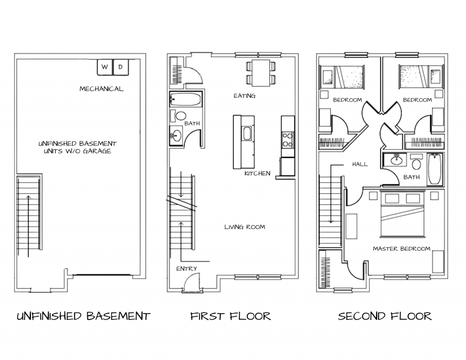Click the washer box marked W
coord(105,67)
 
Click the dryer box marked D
coord(121,67)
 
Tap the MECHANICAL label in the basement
coord(101,89)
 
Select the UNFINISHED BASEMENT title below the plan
coord(83,316)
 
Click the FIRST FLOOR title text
coord(231,316)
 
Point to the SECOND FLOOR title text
coord(385,316)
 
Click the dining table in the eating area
coord(261,73)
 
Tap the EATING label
coord(244,96)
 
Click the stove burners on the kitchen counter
coord(288,139)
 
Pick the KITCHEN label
coord(257,173)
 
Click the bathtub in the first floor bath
coord(186,100)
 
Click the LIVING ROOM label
coord(244,227)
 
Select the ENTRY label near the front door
coord(187,269)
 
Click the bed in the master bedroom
coord(403,214)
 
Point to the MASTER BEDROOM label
coord(401,249)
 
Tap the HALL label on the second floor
coord(360,164)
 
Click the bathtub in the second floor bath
coord(434,169)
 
